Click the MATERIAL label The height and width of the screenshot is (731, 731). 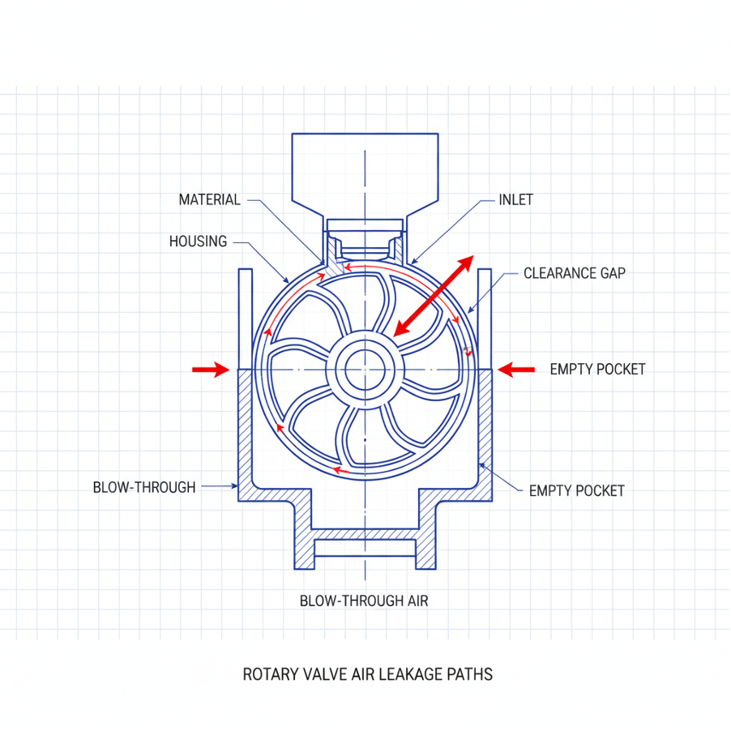point(210,199)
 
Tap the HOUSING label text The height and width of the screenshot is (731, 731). point(198,242)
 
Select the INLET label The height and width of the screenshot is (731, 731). point(515,199)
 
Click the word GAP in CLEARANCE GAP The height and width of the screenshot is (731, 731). point(613,273)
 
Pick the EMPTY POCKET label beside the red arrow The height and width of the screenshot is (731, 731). point(597,370)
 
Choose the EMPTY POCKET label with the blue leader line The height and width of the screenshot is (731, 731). point(577,491)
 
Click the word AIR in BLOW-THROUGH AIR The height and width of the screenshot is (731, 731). point(417,601)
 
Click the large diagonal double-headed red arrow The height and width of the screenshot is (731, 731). point(434,296)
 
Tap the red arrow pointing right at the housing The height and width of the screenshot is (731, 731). point(211,370)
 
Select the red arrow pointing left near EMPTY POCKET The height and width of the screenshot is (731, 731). point(516,370)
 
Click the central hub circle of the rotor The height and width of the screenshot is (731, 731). point(365,370)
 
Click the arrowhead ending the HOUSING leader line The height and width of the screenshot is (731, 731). point(287,280)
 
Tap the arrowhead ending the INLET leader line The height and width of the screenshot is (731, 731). point(413,262)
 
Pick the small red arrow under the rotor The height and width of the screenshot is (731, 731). point(341,470)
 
